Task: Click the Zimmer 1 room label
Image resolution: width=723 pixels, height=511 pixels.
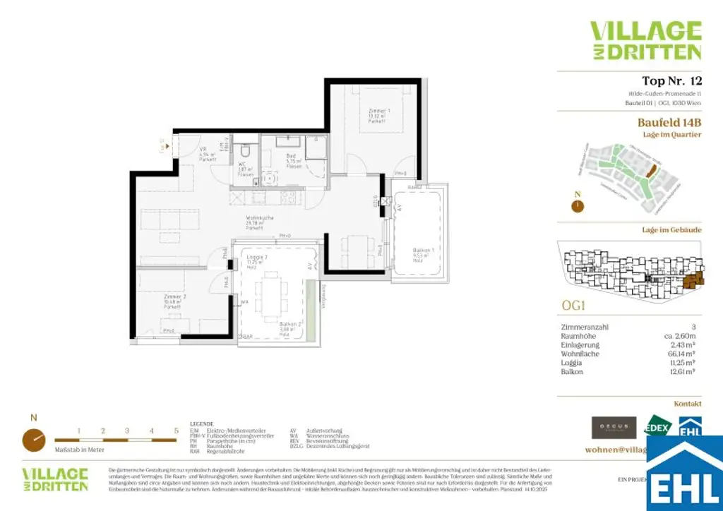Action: click(x=379, y=112)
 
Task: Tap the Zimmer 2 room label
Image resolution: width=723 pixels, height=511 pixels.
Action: click(x=154, y=297)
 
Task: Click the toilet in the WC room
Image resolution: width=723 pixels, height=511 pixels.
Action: click(x=245, y=151)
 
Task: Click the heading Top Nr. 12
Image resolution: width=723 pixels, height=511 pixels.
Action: click(x=671, y=80)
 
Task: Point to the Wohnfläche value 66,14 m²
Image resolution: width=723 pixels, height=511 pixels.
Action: click(x=683, y=354)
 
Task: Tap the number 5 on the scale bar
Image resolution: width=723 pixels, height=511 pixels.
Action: click(x=175, y=430)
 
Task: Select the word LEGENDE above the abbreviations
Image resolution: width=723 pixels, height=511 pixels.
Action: click(x=201, y=423)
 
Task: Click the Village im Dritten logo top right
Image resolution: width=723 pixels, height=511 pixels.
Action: click(x=645, y=40)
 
